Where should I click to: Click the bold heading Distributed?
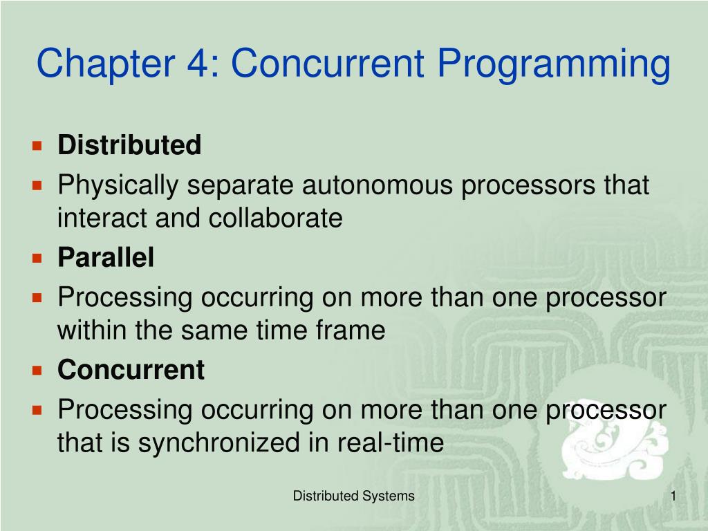(129, 146)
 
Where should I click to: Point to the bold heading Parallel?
(106, 258)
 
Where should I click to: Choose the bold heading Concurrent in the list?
(131, 370)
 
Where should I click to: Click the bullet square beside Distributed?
(38, 146)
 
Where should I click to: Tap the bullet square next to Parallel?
(38, 258)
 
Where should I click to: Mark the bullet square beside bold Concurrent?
(38, 370)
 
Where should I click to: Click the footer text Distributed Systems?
(353, 496)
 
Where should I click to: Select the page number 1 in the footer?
(672, 496)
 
